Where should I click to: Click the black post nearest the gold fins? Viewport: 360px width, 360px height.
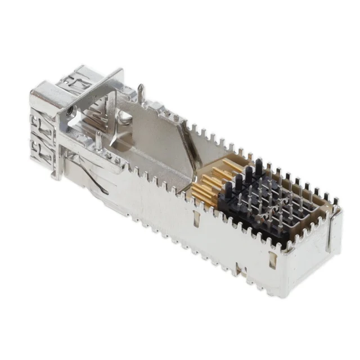(236, 186)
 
